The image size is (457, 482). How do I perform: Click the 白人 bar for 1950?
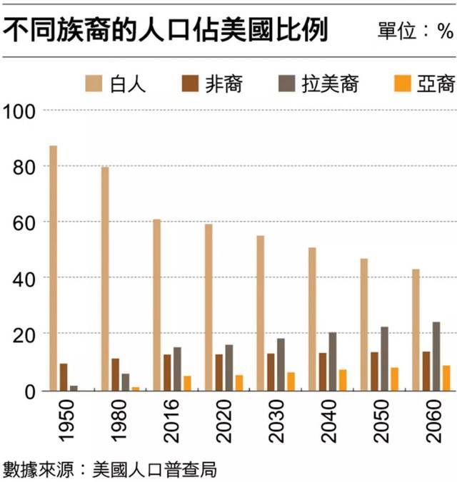pos(53,268)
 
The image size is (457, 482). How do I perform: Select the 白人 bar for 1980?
pos(105,279)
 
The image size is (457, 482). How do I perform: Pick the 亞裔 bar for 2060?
pos(447,378)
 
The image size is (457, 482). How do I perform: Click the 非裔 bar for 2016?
pos(167,372)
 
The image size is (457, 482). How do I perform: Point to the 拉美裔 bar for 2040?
pos(333,361)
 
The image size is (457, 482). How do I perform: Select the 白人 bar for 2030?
pos(261,313)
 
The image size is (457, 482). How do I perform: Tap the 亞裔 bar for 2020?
pos(239,383)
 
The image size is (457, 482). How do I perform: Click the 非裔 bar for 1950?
pos(64,377)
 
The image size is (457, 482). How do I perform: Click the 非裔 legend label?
pos(228,84)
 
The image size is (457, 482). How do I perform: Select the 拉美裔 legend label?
pos(329,84)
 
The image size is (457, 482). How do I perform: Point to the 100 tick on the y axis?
pos(21,111)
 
